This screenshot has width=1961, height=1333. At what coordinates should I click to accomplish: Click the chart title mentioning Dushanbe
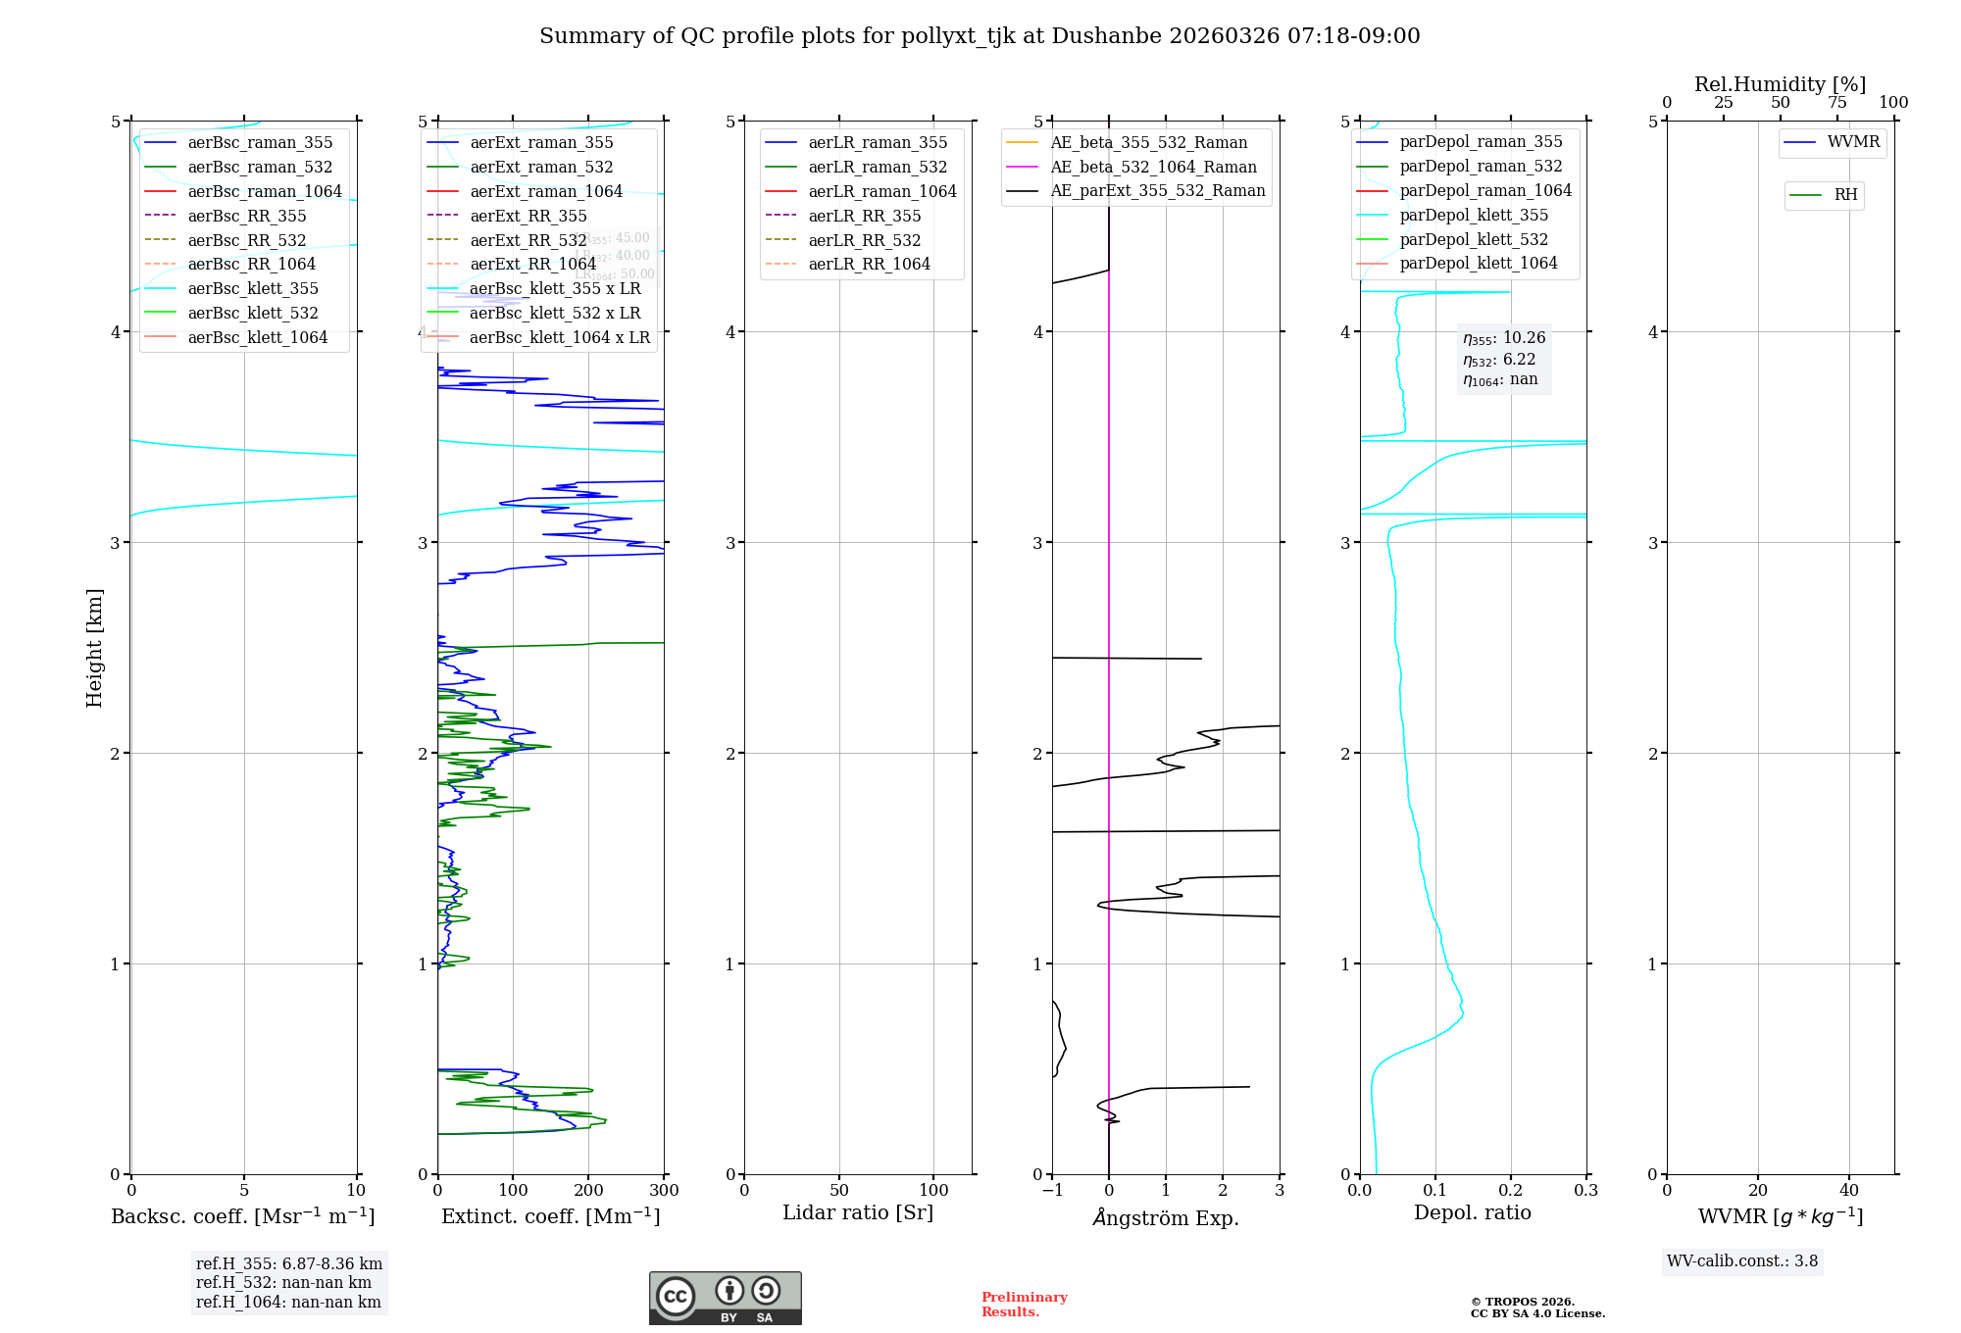pos(980,36)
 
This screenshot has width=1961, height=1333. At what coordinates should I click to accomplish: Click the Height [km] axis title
pos(94,647)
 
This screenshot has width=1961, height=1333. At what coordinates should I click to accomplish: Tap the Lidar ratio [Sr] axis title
pos(858,1212)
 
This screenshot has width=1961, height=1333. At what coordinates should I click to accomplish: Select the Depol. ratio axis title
pos(1472,1212)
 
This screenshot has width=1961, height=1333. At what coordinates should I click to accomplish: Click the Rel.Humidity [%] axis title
pos(1780,84)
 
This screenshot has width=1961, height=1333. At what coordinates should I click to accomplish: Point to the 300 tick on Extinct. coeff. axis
pos(664,1191)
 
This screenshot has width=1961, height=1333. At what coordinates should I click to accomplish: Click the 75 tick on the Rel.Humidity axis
pos(1836,103)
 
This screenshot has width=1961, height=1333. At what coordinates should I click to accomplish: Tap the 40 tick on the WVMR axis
pos(1848,1191)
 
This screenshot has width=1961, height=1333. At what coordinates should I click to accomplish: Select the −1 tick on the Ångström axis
pos(1052,1191)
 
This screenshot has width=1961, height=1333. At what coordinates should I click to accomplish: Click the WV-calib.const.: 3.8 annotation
pos(1742,1261)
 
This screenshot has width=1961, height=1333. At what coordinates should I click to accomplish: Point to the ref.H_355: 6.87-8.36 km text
pos(288,1264)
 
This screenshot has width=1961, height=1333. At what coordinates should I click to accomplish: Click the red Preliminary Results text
pos(1024,1305)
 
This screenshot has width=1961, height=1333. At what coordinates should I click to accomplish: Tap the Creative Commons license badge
pos(725,1299)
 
